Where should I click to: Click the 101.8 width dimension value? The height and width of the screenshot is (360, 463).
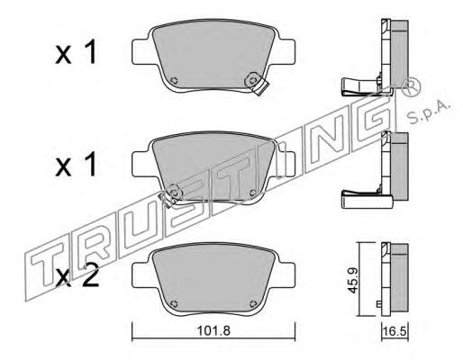pyautogui.click(x=213, y=331)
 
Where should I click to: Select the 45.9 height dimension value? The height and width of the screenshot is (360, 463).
pyautogui.click(x=353, y=280)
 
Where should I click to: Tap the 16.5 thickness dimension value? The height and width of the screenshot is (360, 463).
pyautogui.click(x=395, y=332)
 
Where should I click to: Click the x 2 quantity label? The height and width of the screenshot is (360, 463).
pyautogui.click(x=77, y=276)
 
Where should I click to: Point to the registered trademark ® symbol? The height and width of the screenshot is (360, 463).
pyautogui.click(x=411, y=86)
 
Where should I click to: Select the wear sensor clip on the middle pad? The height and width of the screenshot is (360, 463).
pyautogui.click(x=171, y=194)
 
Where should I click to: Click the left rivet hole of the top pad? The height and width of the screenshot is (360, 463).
pyautogui.click(x=174, y=80)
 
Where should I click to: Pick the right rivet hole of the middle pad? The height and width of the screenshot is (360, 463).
pyautogui.click(x=253, y=192)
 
